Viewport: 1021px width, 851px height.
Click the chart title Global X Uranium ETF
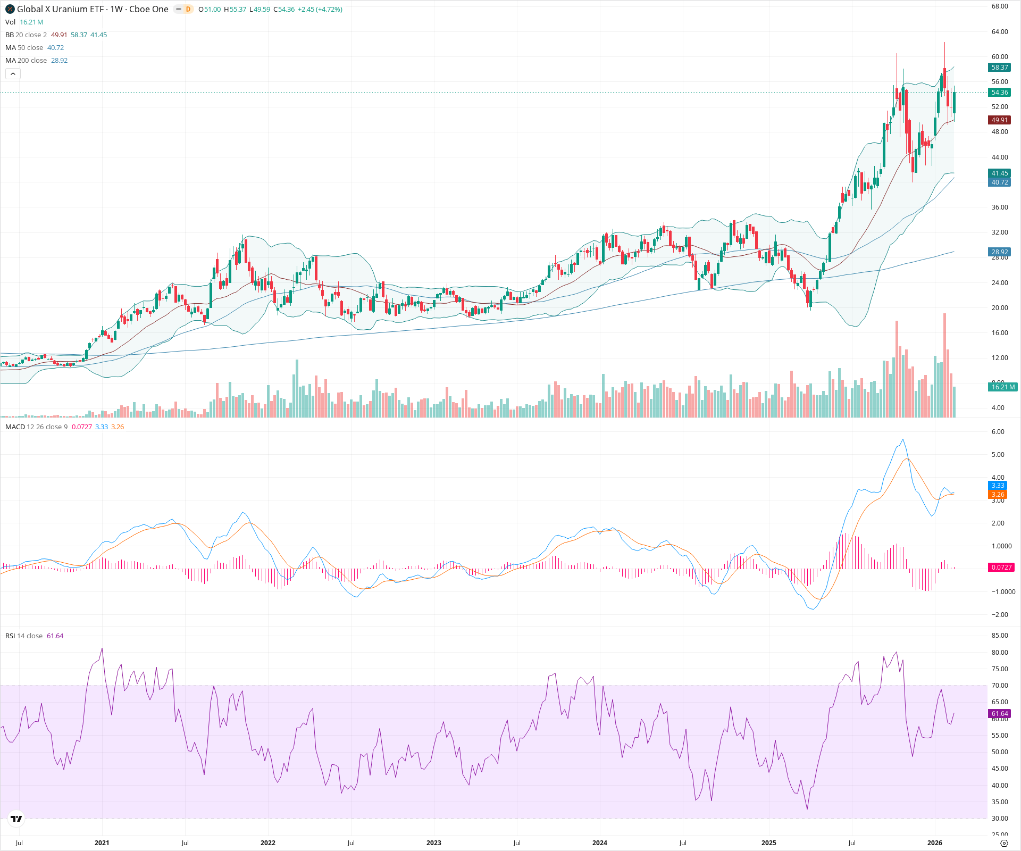pos(60,9)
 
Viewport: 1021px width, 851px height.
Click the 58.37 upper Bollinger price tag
pos(999,68)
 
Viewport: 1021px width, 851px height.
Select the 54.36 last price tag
pos(999,93)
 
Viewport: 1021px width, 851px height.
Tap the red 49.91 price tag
pos(999,120)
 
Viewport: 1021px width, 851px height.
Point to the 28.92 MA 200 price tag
pos(999,252)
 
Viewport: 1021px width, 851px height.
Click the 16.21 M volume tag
pos(1002,387)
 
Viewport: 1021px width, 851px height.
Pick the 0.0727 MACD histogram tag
pos(1001,568)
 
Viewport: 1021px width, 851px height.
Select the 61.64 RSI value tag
pos(999,714)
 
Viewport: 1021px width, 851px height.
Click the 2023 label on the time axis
pos(433,843)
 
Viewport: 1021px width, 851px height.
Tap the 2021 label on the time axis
pos(102,843)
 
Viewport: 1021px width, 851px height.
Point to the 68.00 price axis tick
pos(999,6)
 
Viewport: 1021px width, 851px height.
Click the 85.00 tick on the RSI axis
pos(999,636)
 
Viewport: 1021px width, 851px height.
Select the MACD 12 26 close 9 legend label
pos(36,427)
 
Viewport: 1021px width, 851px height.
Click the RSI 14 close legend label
pos(24,636)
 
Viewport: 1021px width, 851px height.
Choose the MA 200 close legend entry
pos(26,61)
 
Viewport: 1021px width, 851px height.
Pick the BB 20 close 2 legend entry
pos(26,35)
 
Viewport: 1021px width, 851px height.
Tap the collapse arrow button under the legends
pos(13,74)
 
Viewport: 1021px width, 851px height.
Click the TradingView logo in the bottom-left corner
pos(16,819)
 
